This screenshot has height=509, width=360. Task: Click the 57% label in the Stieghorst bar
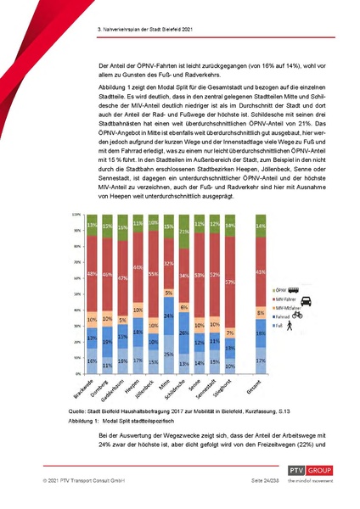pos(228,282)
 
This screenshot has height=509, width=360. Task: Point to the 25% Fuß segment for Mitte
pos(168,354)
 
